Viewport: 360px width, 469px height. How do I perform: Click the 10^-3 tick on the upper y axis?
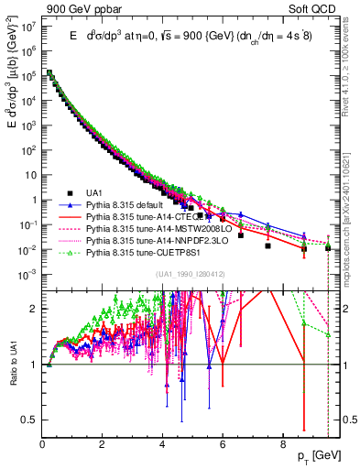(x=27, y=274)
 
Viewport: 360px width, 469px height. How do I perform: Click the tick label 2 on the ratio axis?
(x=34, y=309)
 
